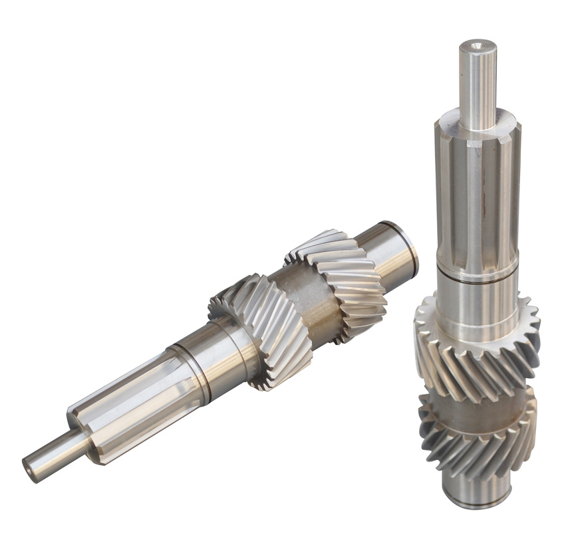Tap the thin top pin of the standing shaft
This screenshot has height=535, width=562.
pos(478,86)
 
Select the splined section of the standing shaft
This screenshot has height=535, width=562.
pos(477,199)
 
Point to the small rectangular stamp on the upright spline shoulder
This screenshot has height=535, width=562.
pos(474,142)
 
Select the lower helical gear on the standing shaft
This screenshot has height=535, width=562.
pos(478,445)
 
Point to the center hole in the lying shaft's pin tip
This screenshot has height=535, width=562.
pos(28,467)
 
